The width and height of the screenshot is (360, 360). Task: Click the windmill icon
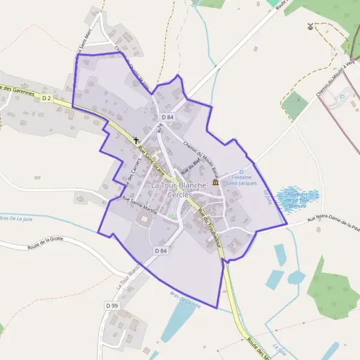[310, 26]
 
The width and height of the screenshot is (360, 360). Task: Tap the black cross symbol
[137, 140]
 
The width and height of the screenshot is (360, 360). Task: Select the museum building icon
[215, 182]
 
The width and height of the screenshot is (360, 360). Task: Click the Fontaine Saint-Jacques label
[244, 180]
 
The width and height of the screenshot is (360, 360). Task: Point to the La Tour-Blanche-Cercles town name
[179, 190]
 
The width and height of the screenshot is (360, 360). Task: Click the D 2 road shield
[47, 97]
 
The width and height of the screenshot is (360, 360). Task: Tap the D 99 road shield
[112, 305]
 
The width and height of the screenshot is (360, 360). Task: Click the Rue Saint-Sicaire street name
[151, 158]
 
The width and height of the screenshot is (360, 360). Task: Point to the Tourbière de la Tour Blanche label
[298, 200]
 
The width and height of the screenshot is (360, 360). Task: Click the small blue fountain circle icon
[242, 172]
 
